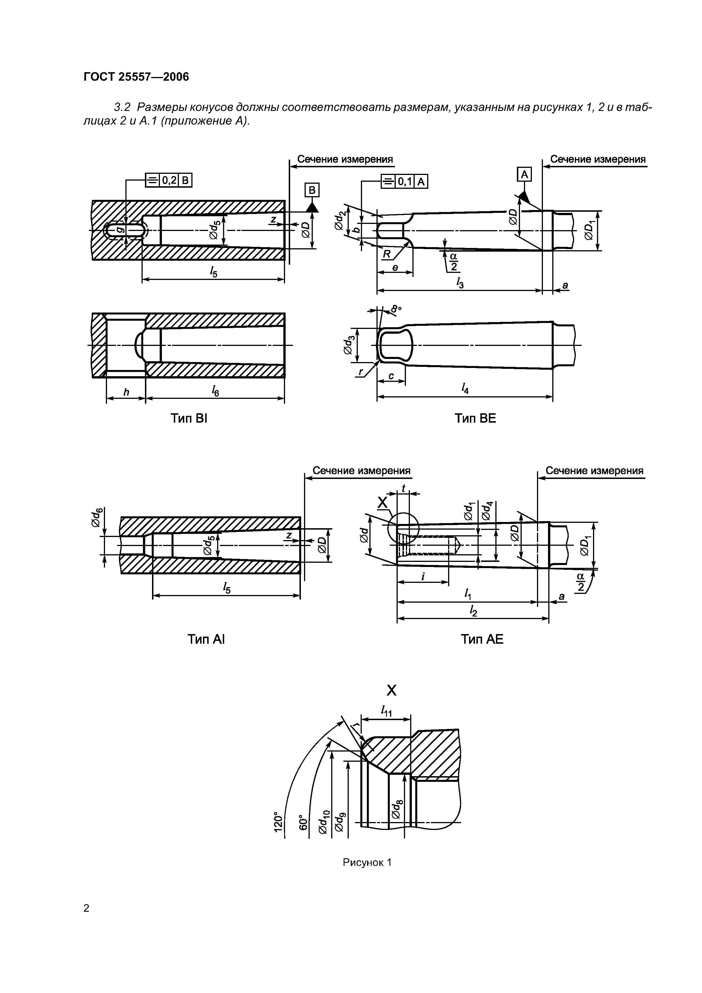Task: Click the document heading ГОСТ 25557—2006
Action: coord(136,77)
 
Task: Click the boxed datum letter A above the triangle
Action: coord(524,175)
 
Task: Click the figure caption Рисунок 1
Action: coord(367,863)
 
